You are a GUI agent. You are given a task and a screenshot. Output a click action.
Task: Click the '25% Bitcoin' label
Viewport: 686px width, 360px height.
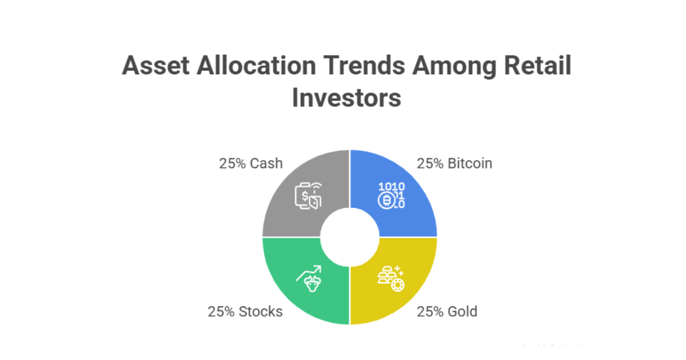pos(454,163)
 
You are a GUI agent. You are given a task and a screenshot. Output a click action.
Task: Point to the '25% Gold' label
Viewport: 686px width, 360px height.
pos(447,311)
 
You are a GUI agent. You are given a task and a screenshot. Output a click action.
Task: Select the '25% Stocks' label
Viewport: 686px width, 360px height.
pos(245,311)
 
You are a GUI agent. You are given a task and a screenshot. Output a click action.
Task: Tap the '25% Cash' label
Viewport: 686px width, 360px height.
pos(250,163)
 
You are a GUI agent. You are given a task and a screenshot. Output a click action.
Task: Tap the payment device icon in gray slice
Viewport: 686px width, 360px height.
pos(308,195)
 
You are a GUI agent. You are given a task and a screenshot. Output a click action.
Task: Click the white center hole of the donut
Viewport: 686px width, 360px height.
pos(350,237)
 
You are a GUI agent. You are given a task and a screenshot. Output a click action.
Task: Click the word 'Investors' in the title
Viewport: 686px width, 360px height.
pos(346,97)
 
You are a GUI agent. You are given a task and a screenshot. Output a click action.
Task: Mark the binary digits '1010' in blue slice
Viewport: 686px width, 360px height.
pos(392,186)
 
